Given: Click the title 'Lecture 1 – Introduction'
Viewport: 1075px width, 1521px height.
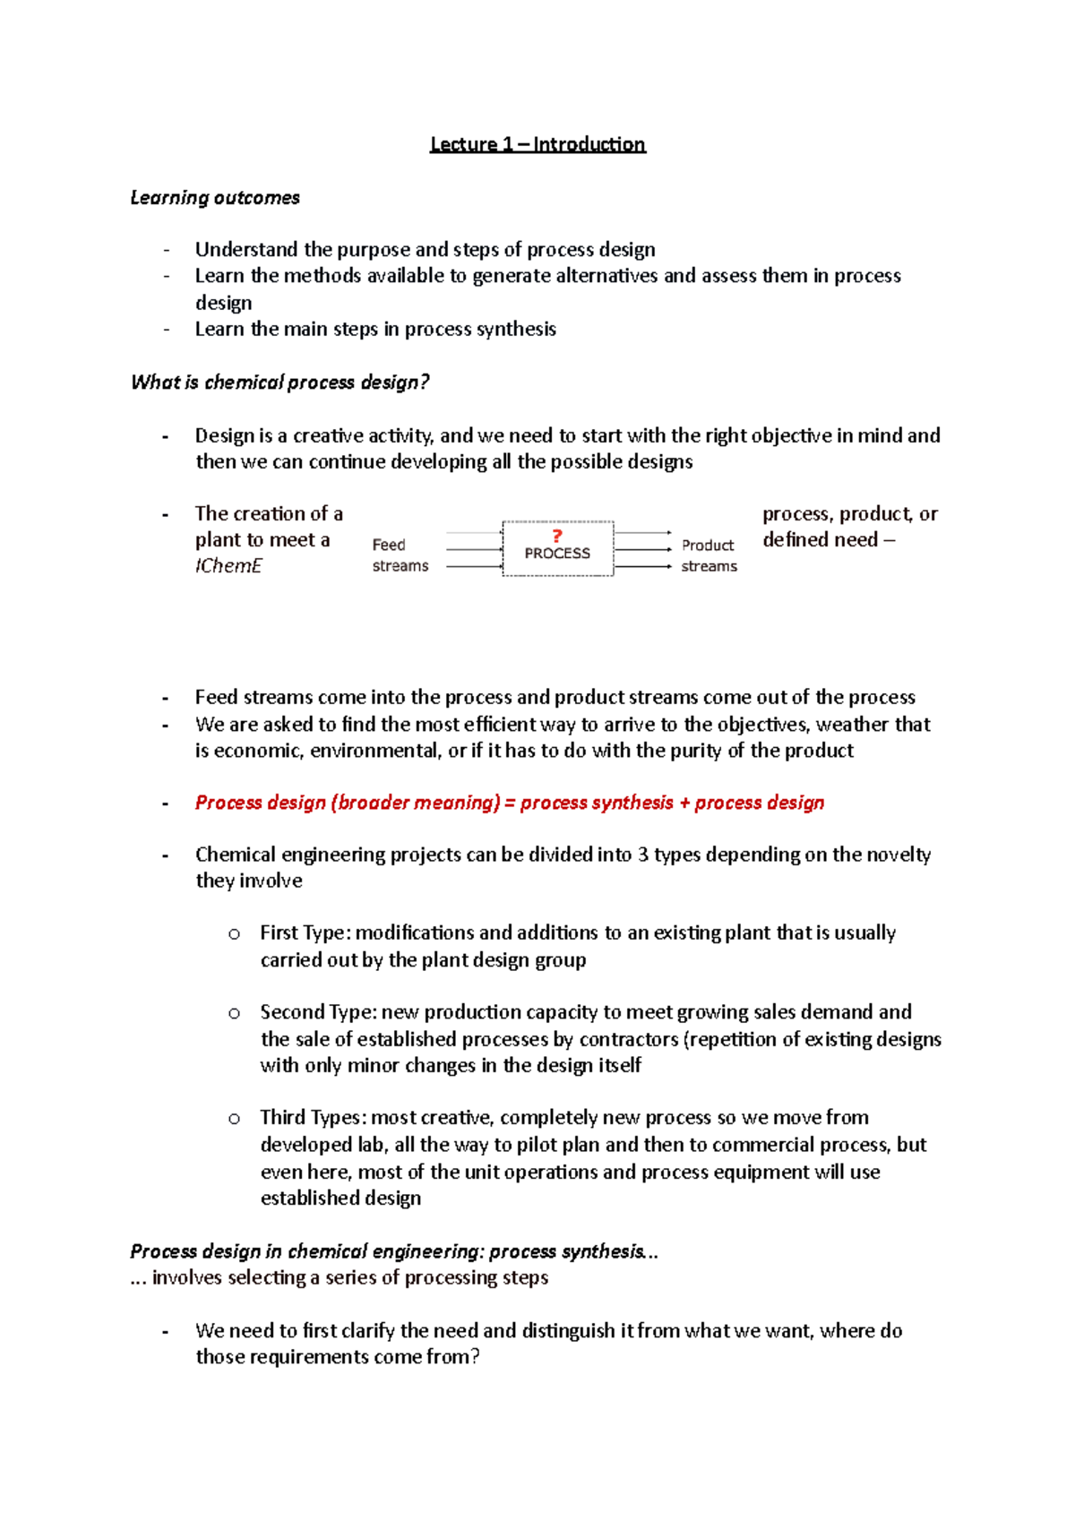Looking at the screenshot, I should [x=537, y=144].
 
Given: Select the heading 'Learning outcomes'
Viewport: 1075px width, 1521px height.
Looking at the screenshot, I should [x=215, y=198].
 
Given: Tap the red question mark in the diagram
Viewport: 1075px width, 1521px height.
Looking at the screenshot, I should [x=557, y=536].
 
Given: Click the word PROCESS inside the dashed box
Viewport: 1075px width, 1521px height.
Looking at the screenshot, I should [x=557, y=554].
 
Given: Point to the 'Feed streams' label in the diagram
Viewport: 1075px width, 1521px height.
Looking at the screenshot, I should [x=400, y=555].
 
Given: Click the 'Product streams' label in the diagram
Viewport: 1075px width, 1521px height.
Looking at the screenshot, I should [x=709, y=555].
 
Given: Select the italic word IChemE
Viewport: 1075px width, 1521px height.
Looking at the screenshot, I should [x=228, y=566].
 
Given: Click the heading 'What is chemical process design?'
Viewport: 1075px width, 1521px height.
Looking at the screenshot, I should [x=279, y=382].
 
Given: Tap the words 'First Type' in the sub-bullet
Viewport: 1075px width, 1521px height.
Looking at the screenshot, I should [x=302, y=933].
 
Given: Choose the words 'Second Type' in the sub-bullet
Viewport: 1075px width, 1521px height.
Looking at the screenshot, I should [x=317, y=1012].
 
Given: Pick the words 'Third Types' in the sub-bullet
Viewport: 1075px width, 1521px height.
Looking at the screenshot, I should [x=311, y=1118].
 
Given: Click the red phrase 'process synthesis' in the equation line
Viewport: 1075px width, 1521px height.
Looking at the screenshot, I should [x=597, y=803].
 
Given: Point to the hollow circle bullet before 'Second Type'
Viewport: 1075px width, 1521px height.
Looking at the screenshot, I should [x=234, y=1013].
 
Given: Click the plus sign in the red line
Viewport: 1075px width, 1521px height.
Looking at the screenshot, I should [x=684, y=803].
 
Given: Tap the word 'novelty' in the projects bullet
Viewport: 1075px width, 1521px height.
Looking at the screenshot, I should [x=899, y=855].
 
